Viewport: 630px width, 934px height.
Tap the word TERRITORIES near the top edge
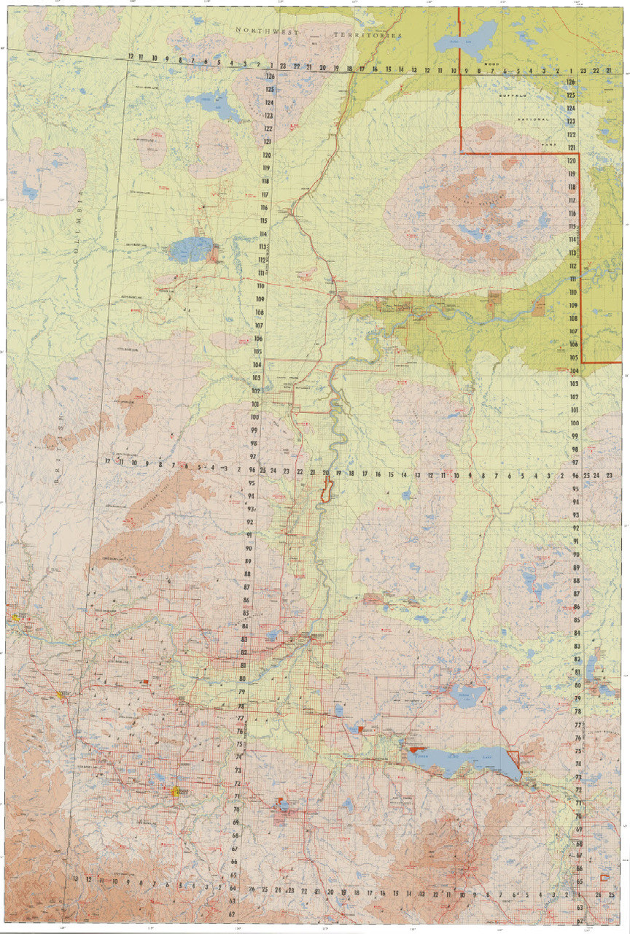click(367, 34)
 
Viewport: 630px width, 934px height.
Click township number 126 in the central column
click(270, 76)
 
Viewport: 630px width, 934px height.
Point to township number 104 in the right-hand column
click(574, 371)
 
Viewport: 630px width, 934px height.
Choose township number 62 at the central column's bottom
click(232, 913)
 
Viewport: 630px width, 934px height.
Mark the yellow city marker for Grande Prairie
click(176, 790)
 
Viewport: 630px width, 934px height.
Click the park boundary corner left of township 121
click(461, 152)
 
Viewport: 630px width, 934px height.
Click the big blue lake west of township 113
click(192, 250)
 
